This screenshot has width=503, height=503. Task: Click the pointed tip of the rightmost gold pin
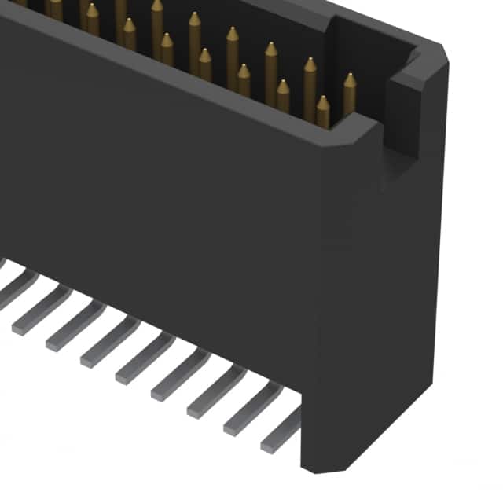[349, 76]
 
